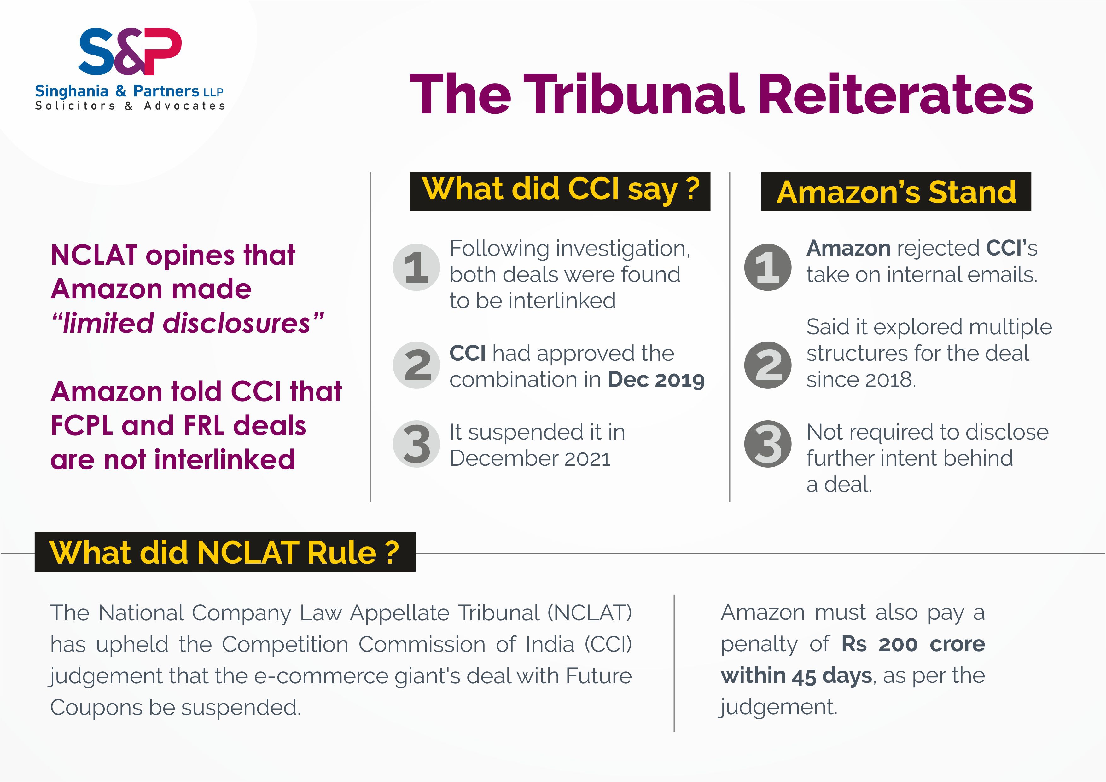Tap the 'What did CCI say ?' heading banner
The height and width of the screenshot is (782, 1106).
pos(560,191)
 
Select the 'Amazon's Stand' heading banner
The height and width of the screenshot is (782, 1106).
pos(896,191)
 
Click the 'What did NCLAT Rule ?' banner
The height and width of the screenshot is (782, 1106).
pos(225,552)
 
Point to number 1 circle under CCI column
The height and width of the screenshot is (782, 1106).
pos(416,267)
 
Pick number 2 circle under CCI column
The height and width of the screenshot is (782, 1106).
pos(416,365)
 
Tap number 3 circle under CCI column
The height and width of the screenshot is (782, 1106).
pos(416,444)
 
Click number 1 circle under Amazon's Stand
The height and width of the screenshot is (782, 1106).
pos(768,267)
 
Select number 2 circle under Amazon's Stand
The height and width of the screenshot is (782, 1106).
pos(768,365)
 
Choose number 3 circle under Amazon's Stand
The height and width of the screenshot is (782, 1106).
pos(768,444)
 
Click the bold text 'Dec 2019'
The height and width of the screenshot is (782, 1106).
pos(656,380)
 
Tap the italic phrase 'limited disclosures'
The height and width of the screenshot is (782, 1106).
pos(187,323)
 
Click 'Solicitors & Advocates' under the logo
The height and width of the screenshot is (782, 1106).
pos(130,106)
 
